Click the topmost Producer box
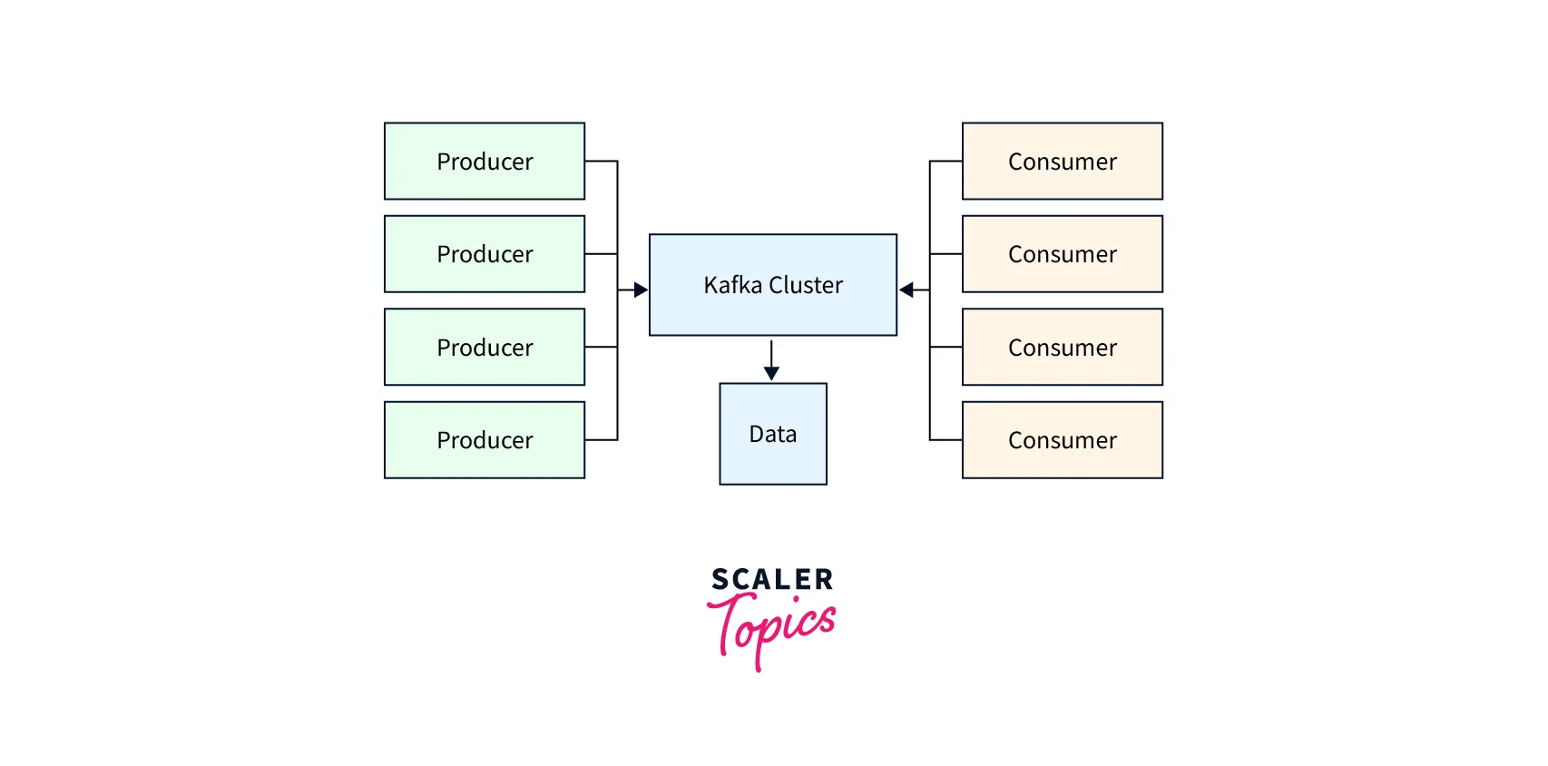point(485,162)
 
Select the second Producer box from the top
point(485,254)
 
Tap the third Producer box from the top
point(485,348)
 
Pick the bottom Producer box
point(485,440)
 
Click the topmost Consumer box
point(1062,162)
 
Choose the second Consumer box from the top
point(1062,254)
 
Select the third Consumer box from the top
point(1062,348)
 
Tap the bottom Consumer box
point(1062,440)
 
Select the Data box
point(773,434)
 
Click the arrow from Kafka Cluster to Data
point(771,358)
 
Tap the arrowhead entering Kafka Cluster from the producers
point(641,290)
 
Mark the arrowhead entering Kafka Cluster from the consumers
point(906,290)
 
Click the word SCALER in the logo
point(772,579)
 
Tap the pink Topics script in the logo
point(772,626)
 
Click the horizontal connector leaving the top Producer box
point(601,162)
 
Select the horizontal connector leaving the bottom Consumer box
point(946,440)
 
